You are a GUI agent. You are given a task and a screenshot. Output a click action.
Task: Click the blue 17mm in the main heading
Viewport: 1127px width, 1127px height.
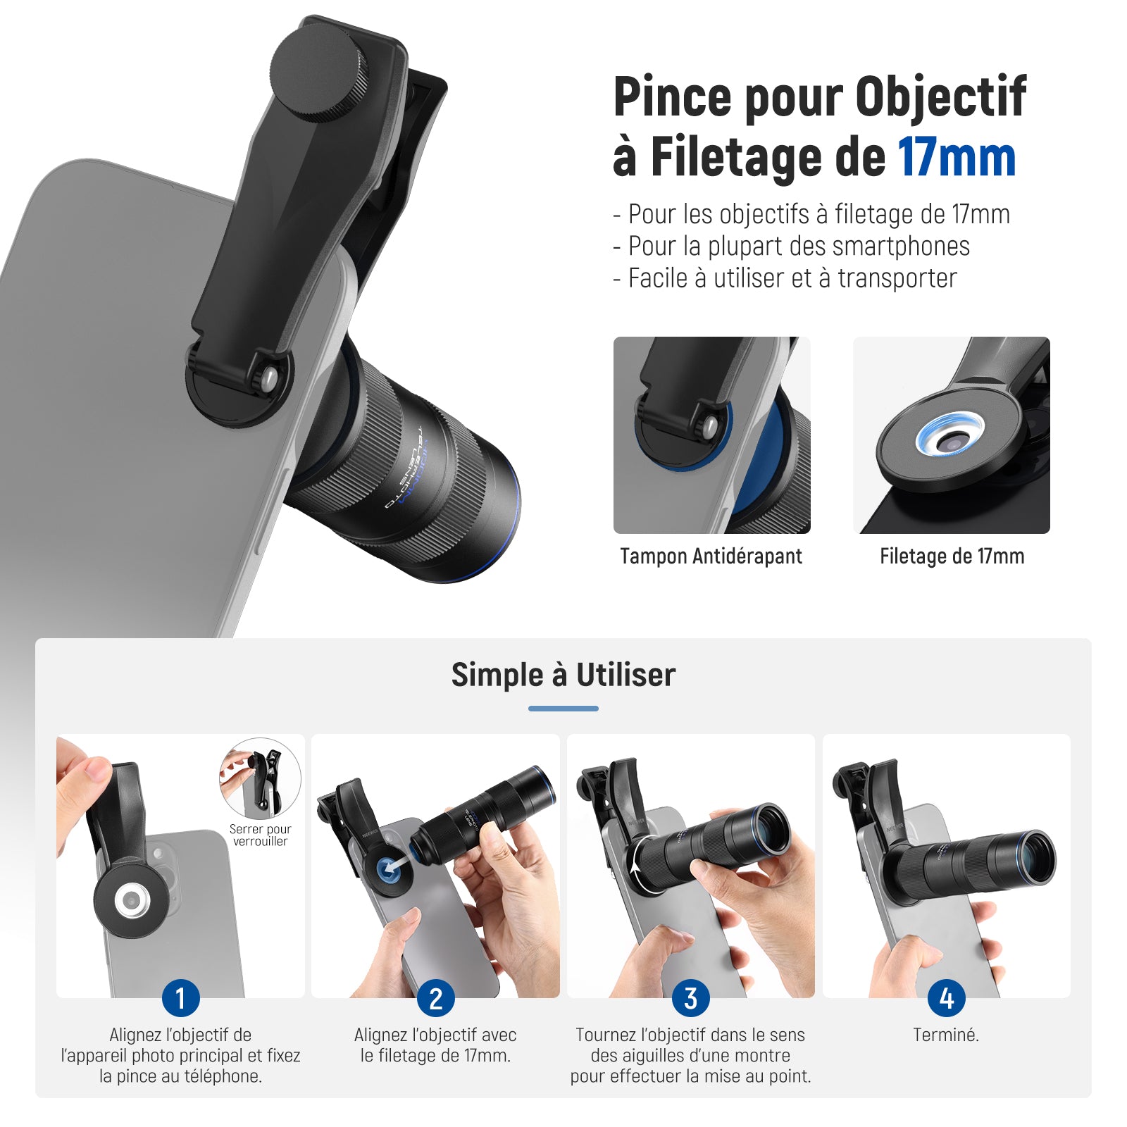click(x=957, y=157)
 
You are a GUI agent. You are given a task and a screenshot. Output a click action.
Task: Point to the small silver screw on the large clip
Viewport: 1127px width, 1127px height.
click(x=268, y=378)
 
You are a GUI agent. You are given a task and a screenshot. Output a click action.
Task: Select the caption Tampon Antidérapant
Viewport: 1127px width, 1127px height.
click(x=711, y=556)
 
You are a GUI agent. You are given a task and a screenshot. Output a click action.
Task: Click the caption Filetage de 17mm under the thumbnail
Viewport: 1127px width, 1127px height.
click(x=952, y=556)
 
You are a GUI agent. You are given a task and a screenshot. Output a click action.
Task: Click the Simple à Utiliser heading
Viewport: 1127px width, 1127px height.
click(x=563, y=675)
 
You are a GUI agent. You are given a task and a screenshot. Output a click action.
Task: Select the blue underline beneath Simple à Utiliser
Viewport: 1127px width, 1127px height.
click(x=563, y=709)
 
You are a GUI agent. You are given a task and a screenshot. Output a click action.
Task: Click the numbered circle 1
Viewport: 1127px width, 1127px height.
click(x=180, y=998)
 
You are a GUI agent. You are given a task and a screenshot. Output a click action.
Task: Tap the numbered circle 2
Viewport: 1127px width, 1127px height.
click(x=436, y=998)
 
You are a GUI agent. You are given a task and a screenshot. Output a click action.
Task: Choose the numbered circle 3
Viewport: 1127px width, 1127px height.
click(x=691, y=998)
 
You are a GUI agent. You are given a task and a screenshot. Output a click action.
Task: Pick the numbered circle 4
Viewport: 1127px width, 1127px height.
click(x=946, y=998)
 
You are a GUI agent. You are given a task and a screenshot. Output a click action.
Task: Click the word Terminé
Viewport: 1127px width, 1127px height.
click(x=946, y=1035)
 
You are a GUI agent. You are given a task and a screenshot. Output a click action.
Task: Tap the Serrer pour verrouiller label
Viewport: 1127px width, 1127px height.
click(x=260, y=835)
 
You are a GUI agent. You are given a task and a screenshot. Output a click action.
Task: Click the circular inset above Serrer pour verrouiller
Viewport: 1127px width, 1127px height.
click(x=260, y=778)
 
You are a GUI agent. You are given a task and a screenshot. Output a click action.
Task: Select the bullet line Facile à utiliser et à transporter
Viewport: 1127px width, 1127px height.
click(x=785, y=278)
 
